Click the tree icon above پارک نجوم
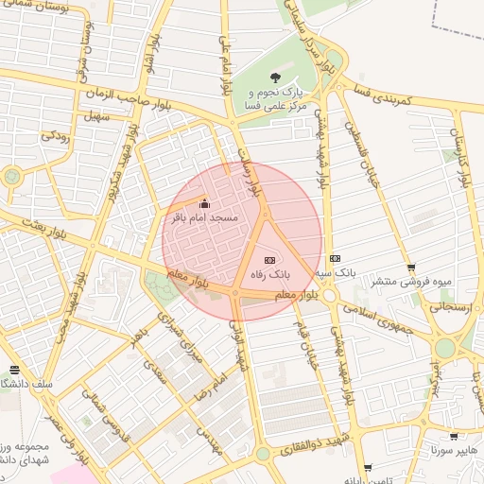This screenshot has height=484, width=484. pos(274,78)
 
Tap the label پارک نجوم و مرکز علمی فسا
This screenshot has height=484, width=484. pos(279,100)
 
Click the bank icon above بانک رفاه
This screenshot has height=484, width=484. pos(270,259)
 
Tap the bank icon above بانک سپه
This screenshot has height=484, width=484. pos(335,258)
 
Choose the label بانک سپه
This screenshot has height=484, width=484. pos(335,273)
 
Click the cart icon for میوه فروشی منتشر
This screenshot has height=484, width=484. pos(410,268)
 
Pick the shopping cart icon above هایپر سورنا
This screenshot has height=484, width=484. pos(455,437)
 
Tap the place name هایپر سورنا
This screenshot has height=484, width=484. pos(455,451)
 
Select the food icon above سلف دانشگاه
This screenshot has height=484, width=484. pos(13,370)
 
